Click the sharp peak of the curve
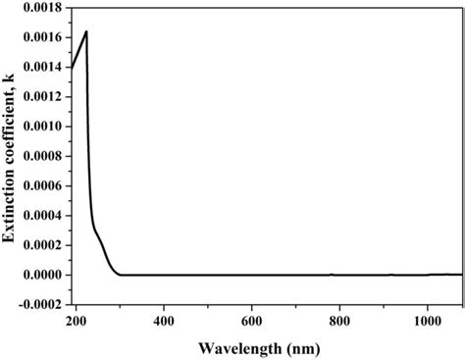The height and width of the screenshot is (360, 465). (86, 31)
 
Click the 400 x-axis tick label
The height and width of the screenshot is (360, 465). (164, 321)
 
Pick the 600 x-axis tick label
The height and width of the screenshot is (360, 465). (252, 321)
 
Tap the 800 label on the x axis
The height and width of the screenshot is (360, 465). (339, 321)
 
